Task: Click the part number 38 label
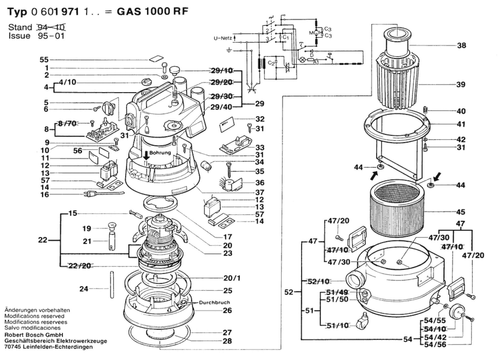coord(461,45)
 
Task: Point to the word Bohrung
coord(160,153)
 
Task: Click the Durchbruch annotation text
coord(214,302)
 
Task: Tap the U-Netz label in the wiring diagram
coord(223,38)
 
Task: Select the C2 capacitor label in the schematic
coord(271,63)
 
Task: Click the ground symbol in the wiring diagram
coord(229,50)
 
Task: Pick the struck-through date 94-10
coord(51,27)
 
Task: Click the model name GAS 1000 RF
coord(152,11)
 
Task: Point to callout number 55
coord(44,60)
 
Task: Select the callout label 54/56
coord(435,345)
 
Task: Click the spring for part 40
coord(425,110)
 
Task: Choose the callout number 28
coord(227,341)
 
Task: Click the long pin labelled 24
coord(112,285)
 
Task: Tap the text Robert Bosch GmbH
coord(34,335)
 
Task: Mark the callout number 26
coord(227,310)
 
